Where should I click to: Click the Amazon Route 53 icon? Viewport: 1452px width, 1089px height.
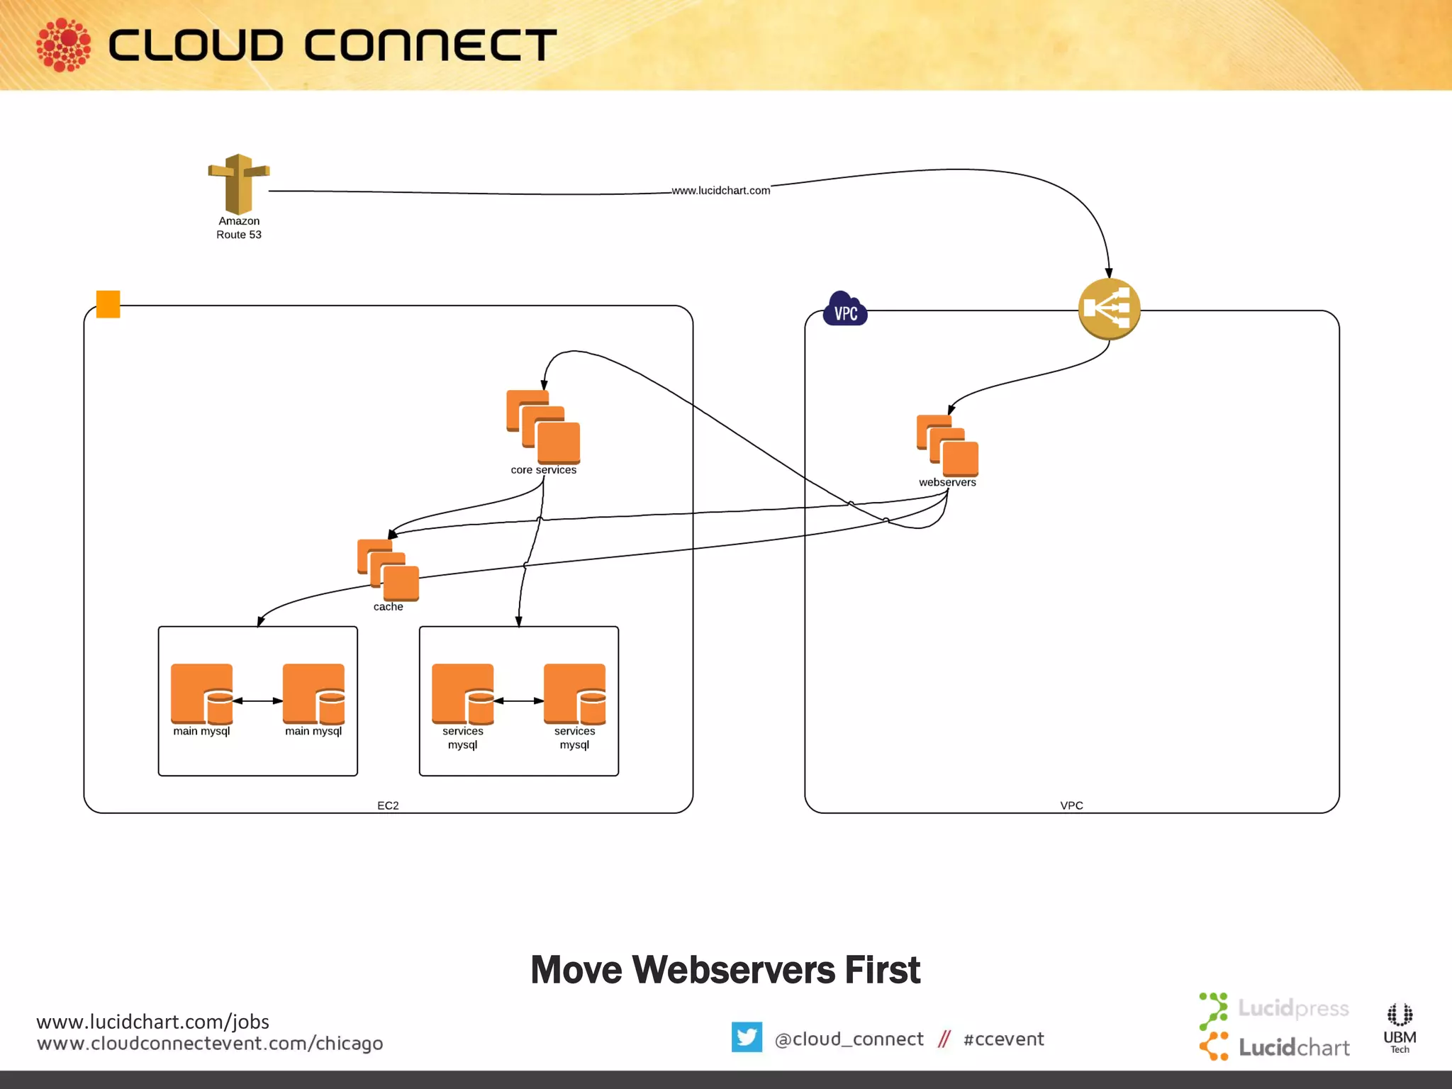pos(239,184)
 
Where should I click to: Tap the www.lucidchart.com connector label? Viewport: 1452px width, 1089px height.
pos(720,191)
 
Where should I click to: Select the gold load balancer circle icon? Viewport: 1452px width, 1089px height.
pos(1109,309)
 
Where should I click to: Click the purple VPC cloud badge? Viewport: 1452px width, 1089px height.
pos(845,310)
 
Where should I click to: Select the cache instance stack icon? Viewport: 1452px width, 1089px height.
pos(388,569)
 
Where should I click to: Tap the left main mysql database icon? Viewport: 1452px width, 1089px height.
pos(202,693)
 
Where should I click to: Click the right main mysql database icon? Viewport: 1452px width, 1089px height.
pos(313,693)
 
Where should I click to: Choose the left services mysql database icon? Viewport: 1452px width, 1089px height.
pos(463,693)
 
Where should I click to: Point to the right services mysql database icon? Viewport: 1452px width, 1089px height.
pos(574,693)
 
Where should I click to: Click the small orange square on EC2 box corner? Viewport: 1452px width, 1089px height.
pos(108,304)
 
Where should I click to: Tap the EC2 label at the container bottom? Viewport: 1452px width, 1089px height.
pos(388,805)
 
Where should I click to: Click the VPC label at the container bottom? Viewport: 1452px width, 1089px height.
pos(1071,805)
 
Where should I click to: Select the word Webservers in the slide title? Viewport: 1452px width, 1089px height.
pos(734,970)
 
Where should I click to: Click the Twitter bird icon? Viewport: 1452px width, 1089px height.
pos(747,1037)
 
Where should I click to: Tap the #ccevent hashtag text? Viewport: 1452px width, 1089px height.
pos(1003,1039)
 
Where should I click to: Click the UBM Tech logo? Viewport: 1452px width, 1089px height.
pos(1400,1028)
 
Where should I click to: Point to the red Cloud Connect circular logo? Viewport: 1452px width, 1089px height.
pos(64,45)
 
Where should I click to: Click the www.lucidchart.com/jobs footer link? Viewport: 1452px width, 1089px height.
pos(152,1022)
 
